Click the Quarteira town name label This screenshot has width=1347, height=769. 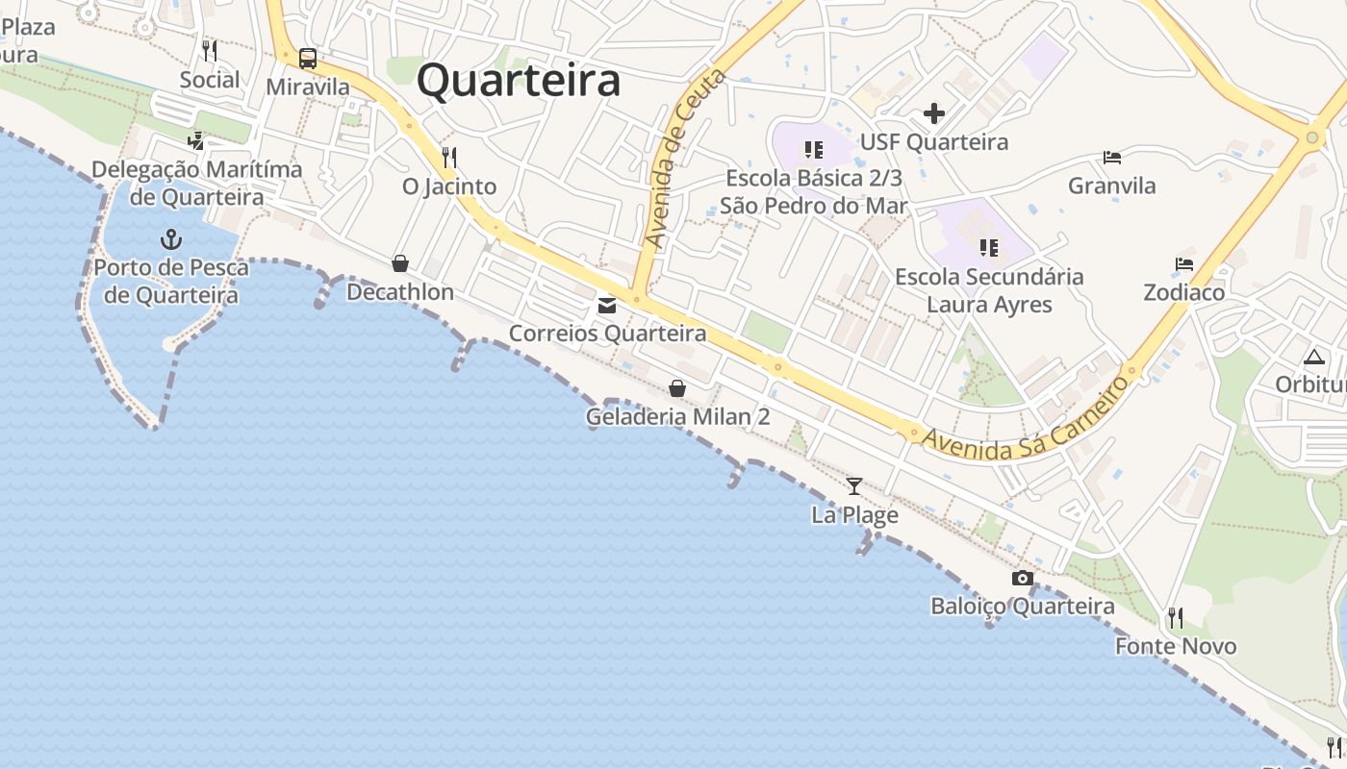coord(519,81)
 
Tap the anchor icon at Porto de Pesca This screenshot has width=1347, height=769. coord(170,239)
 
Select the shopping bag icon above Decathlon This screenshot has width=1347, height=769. coord(400,263)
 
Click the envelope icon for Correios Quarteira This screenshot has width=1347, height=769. coord(607,306)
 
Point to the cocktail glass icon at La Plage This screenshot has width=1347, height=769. coord(853,486)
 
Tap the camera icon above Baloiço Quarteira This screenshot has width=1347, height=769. coord(1023,578)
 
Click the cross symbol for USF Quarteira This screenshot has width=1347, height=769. coord(933,114)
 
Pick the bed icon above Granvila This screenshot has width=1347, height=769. coord(1112,158)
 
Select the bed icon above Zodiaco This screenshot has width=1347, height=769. coord(1183,264)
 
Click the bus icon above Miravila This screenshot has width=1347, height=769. coord(308,59)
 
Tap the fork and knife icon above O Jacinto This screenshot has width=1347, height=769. coord(448,157)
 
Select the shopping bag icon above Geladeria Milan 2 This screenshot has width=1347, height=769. coord(677,388)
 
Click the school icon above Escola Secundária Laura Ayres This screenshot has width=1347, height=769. coord(988,248)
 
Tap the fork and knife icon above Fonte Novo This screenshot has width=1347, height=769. coord(1175,617)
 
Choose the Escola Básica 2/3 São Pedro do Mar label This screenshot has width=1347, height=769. coord(814,191)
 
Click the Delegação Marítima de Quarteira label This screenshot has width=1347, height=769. coord(197,183)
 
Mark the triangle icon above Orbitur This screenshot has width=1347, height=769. coord(1313,358)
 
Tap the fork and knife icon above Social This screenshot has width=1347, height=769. coord(209,51)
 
